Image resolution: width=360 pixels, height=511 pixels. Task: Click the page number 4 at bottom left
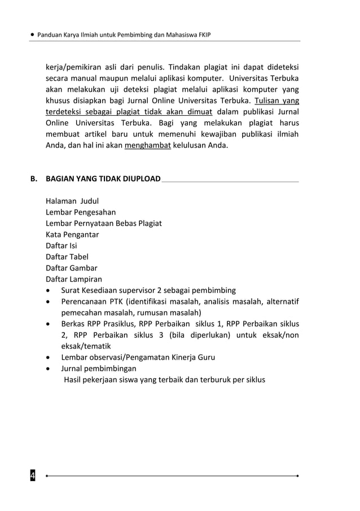(x=33, y=476)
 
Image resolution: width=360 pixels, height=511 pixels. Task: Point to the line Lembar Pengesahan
(x=81, y=212)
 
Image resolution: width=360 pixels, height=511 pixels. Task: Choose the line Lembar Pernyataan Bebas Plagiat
(x=104, y=223)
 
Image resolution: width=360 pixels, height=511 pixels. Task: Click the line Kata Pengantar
(x=73, y=234)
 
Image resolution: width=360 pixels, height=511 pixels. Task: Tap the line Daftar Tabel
(x=67, y=257)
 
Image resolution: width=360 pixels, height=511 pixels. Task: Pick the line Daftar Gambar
(x=72, y=268)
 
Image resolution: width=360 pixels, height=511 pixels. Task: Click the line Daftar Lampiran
(x=74, y=279)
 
